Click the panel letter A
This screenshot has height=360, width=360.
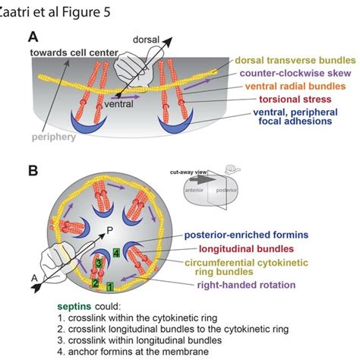33,36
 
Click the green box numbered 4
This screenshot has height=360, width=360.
115,252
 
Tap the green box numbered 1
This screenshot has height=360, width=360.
110,286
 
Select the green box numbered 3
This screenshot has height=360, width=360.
99,262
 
